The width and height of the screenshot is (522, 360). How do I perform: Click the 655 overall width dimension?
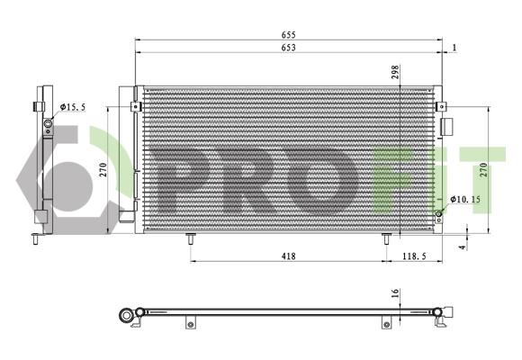point(288,36)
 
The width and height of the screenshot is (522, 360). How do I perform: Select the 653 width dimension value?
point(288,48)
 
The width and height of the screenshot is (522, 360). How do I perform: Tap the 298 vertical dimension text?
point(395,73)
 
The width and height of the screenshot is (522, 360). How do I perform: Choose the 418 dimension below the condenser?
point(288,256)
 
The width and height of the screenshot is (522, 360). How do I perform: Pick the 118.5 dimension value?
point(415,256)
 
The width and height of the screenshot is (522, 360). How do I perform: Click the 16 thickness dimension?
point(394,293)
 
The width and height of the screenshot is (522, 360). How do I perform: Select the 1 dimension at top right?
point(456,48)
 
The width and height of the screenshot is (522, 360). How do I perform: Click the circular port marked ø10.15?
point(439,212)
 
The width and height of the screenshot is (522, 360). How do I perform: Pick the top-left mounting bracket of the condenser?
point(135,106)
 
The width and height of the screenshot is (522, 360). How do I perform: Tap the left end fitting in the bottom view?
point(131,314)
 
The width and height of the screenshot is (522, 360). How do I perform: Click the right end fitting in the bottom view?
point(444,315)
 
